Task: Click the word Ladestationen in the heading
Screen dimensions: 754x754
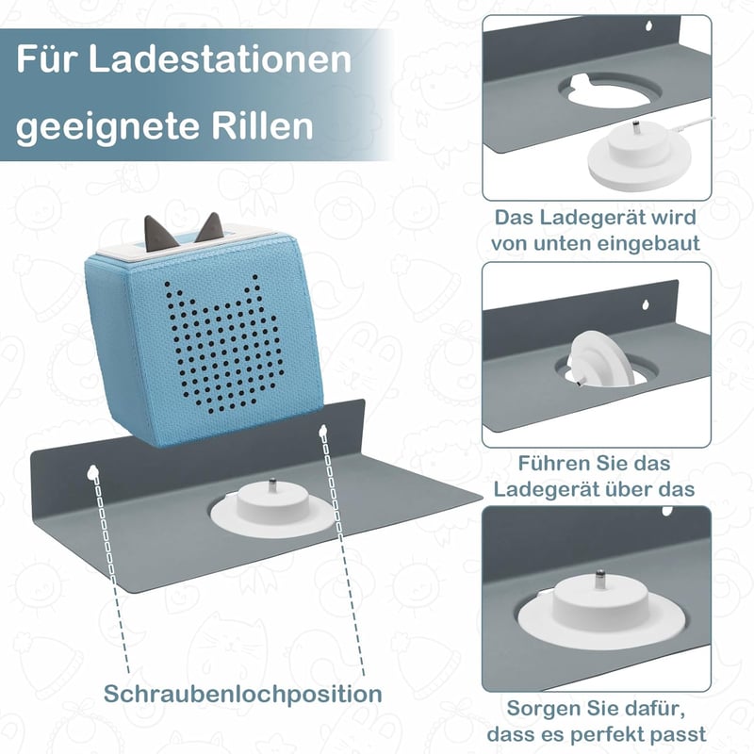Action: [x=220, y=59]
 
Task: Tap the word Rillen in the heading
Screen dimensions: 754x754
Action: [x=262, y=126]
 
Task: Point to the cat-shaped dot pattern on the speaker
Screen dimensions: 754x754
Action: [x=223, y=344]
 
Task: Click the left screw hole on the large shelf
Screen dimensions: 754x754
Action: [x=92, y=473]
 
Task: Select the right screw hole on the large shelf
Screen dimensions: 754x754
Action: [x=322, y=432]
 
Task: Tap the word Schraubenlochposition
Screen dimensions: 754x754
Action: [x=243, y=694]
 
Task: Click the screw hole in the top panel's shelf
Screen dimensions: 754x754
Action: [x=648, y=25]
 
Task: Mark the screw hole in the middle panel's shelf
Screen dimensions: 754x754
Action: [x=646, y=303]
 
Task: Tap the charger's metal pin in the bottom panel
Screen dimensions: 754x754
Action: [x=600, y=579]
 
